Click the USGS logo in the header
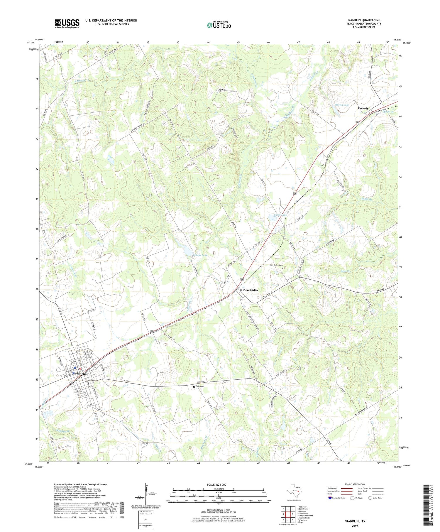(67, 23)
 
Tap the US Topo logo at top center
(219, 25)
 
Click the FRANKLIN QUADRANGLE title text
(364, 20)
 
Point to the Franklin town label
(81, 374)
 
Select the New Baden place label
(250, 290)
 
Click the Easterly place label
(363, 108)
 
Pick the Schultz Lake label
(200, 255)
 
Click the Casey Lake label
(280, 215)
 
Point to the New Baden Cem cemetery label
(276, 265)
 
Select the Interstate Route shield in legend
(330, 498)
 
